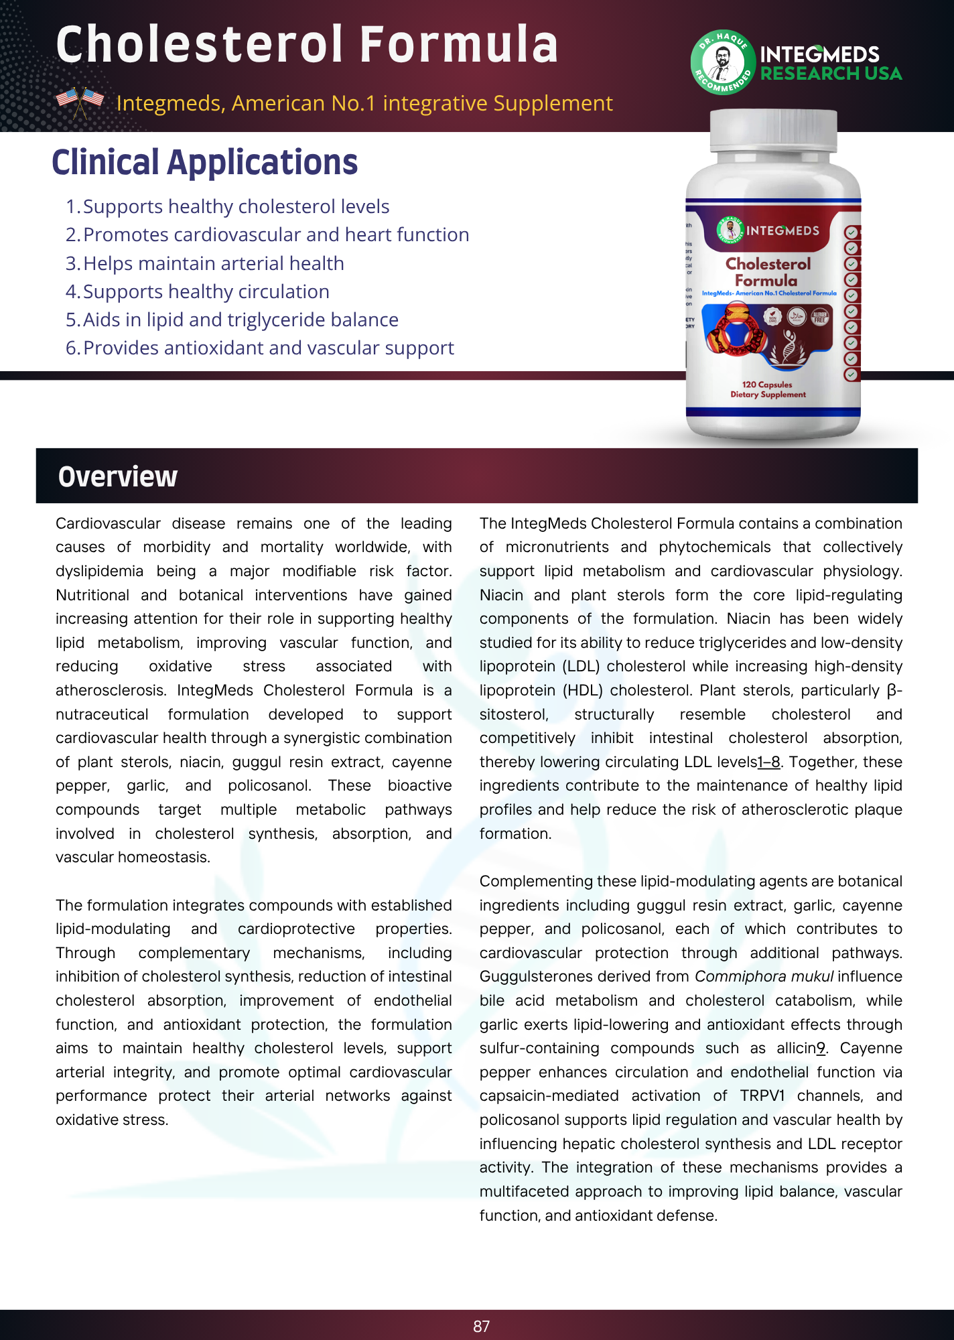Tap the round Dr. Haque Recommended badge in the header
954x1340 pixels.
[723, 62]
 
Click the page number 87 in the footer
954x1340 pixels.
[481, 1326]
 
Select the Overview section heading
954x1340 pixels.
[118, 476]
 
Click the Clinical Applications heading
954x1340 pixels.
[204, 162]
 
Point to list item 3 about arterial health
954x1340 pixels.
[205, 263]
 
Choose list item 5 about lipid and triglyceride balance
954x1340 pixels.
[232, 320]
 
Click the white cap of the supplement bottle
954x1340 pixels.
[773, 131]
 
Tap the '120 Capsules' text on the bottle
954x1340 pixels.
[766, 385]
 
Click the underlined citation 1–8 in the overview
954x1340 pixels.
[768, 762]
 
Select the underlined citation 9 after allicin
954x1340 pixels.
[821, 1048]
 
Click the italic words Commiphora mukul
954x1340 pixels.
[764, 976]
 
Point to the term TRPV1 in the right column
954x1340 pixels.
[762, 1095]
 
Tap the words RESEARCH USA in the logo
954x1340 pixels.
[831, 74]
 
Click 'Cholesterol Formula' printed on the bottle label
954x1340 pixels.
[767, 272]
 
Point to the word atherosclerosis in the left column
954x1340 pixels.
[111, 690]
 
